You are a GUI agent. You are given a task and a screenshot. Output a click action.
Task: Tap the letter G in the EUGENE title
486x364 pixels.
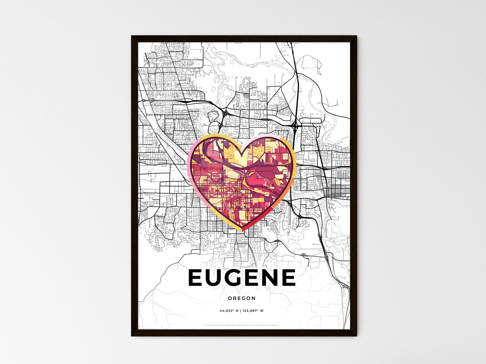point(237,278)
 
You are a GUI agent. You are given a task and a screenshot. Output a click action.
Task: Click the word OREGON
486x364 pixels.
point(241,298)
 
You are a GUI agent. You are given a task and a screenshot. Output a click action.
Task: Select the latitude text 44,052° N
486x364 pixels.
point(229,311)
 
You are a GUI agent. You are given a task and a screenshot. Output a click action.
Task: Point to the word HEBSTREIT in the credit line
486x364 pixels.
point(220,325)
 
